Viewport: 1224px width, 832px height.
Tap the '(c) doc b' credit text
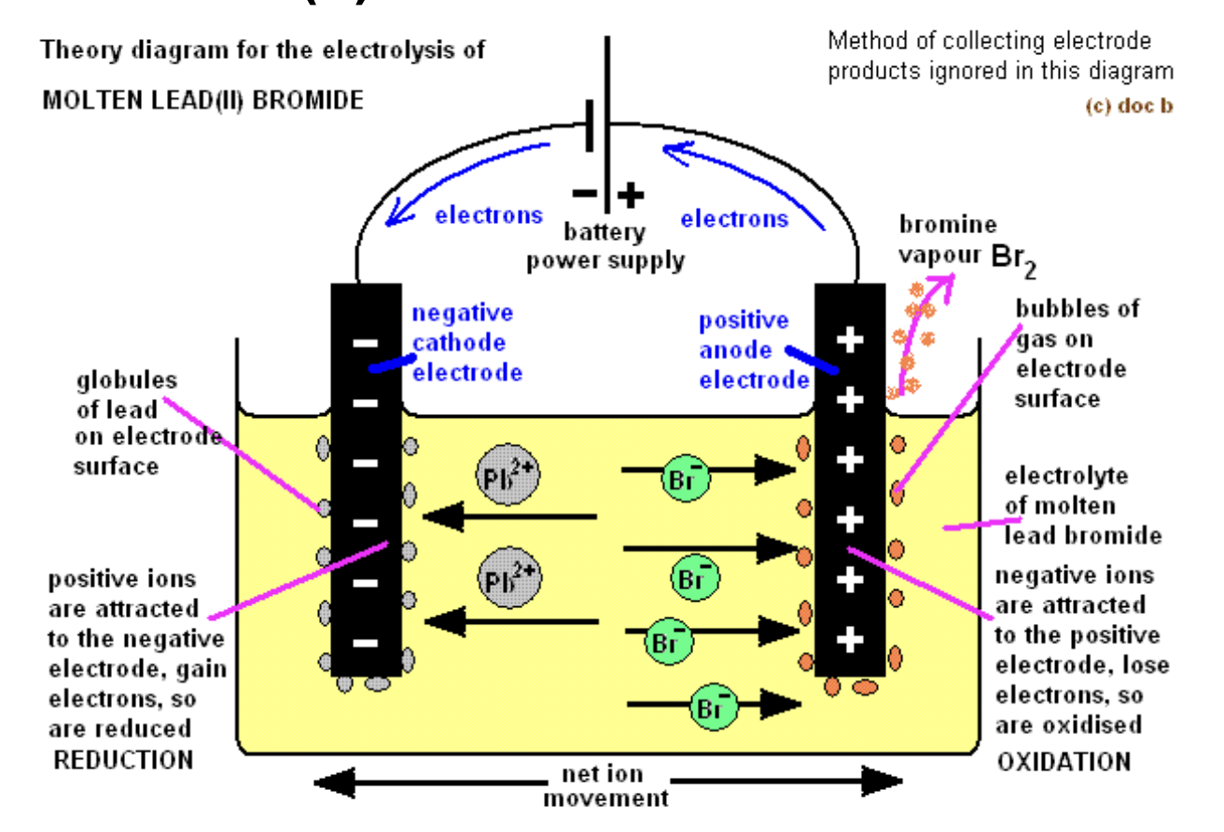pos(1129,105)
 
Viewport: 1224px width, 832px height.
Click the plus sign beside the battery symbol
pos(630,195)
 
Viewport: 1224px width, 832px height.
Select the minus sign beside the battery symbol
pos(585,193)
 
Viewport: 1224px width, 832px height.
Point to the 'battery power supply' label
pos(605,246)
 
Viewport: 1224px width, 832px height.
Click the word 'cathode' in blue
pos(458,342)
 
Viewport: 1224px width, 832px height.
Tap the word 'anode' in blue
pos(735,350)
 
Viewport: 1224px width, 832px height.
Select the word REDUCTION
pos(123,760)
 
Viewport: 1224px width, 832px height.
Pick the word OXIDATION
pos(1064,761)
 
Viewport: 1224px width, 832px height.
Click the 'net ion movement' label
pos(605,785)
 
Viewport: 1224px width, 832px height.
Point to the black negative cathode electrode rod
pos(366,479)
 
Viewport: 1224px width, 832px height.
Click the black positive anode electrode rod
pos(850,479)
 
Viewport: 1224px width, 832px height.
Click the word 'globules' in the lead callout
pos(127,381)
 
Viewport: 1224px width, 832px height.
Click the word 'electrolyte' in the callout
pos(1066,476)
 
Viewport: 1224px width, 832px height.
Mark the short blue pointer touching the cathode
pos(393,364)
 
